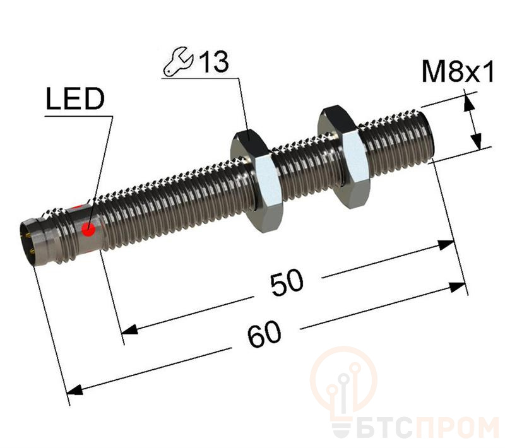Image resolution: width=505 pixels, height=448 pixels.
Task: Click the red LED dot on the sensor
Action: (88, 230)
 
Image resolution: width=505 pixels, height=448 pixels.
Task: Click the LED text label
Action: (75, 99)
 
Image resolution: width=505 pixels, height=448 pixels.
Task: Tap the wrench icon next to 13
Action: (178, 62)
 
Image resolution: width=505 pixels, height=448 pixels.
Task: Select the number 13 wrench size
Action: (214, 61)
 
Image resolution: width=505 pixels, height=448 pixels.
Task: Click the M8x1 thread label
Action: (457, 73)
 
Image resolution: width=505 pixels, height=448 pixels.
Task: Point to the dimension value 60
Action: (264, 334)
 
